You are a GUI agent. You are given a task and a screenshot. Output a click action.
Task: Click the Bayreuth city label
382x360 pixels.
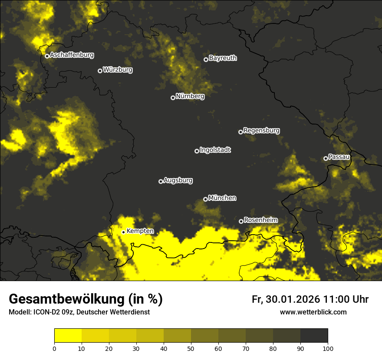[223, 58]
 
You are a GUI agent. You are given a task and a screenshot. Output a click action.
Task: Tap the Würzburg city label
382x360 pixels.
[118, 70]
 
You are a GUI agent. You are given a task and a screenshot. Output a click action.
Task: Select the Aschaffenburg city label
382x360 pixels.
[72, 55]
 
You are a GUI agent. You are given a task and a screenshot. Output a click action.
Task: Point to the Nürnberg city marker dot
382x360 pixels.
[173, 98]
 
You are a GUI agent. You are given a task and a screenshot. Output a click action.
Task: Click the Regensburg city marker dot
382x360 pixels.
[240, 132]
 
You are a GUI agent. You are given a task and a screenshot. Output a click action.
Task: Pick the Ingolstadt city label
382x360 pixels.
[215, 150]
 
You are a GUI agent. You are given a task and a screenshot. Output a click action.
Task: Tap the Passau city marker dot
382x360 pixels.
[326, 158]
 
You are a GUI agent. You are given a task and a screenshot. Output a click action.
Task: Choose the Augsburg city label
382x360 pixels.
[178, 180]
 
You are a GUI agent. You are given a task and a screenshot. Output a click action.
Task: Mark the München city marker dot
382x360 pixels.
[205, 200]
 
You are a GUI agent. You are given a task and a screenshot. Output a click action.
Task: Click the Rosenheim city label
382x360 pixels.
[260, 220]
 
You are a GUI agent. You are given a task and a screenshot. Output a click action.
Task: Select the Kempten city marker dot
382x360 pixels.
[123, 232]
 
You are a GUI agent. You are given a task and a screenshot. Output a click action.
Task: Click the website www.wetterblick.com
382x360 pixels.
[313, 312]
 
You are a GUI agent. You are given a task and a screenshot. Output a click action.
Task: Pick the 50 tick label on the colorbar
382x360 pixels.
[191, 348]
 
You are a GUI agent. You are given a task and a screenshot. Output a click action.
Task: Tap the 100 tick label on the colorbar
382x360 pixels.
[328, 348]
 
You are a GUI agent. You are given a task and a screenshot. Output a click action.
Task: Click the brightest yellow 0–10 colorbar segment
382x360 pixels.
[68, 336]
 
